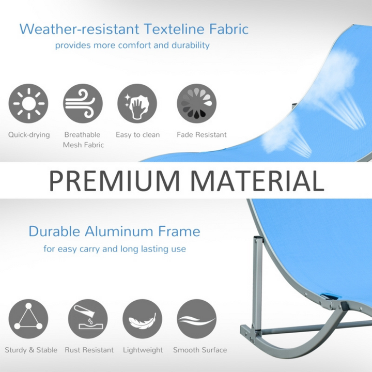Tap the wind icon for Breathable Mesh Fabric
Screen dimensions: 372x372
(x=83, y=103)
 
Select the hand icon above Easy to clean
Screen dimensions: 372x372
(x=137, y=103)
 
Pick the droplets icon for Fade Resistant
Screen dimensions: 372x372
(x=197, y=103)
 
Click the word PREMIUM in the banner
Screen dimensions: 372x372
(x=114, y=181)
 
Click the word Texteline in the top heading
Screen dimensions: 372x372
(x=175, y=28)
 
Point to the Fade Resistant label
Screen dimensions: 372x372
(x=202, y=135)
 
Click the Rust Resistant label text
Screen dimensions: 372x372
(x=89, y=350)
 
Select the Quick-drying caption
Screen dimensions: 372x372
(x=29, y=135)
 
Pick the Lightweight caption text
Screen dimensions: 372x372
(x=142, y=350)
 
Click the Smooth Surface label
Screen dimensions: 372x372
(x=200, y=350)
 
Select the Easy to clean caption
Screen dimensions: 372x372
(x=138, y=135)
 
